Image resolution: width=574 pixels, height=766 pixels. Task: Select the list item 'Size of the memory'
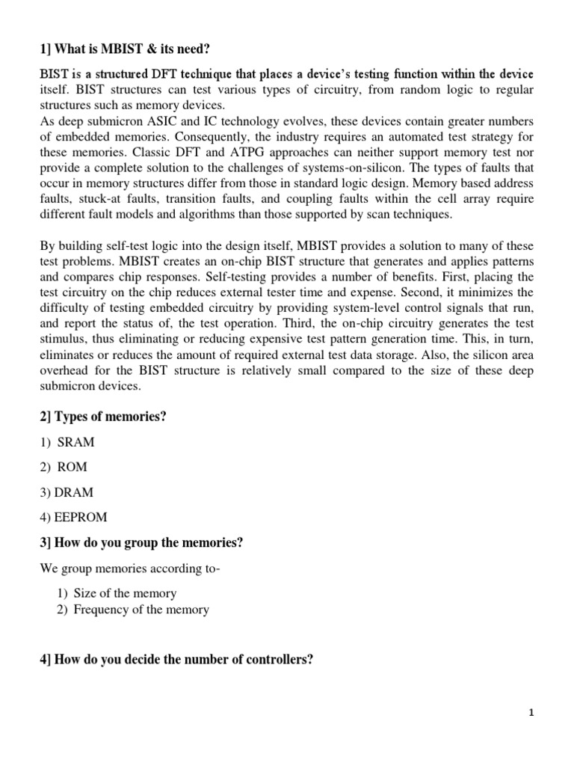[125, 593]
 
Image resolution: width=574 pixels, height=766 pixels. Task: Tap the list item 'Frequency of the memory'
[141, 610]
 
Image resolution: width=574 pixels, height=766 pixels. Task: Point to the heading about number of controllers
[176, 660]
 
